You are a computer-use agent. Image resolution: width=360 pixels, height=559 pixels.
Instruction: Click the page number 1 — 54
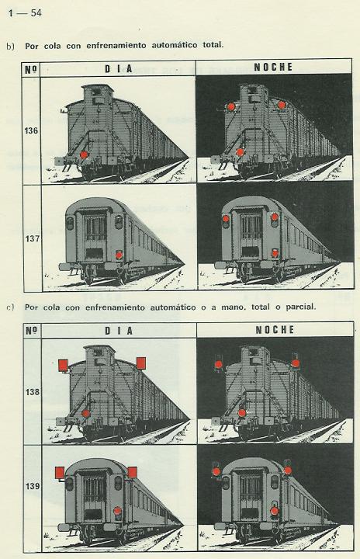[25, 13]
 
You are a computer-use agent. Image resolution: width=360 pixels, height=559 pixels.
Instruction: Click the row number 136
[31, 131]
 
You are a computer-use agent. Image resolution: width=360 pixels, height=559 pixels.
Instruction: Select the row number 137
[32, 238]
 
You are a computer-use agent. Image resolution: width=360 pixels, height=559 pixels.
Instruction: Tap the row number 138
[32, 392]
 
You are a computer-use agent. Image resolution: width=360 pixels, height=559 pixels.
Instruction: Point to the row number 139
[33, 486]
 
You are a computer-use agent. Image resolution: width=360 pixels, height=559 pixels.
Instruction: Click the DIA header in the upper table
[119, 69]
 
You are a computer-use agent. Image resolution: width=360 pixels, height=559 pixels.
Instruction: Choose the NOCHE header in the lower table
[275, 330]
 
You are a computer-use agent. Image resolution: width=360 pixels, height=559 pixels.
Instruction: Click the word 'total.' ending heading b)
[213, 45]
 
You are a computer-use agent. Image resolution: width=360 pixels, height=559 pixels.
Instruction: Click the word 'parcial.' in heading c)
[301, 307]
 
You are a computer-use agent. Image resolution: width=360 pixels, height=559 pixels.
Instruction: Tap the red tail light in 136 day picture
[84, 155]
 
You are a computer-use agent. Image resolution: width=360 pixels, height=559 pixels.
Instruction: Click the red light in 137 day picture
[119, 255]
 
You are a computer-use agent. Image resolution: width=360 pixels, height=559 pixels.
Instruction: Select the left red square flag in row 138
[63, 366]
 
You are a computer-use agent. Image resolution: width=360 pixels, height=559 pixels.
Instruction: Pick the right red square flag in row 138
[141, 363]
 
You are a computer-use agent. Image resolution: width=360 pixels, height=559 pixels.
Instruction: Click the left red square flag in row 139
[60, 473]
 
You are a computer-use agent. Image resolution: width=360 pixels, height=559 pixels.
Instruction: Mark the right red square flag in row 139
[132, 472]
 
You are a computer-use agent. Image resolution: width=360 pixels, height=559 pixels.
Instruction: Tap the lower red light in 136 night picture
[241, 153]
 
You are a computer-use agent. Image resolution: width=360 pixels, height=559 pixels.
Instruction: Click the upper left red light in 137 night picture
[226, 218]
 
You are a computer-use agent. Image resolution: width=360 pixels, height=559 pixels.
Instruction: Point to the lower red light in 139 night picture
[275, 511]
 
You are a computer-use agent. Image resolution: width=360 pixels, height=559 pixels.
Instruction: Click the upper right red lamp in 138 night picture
[296, 363]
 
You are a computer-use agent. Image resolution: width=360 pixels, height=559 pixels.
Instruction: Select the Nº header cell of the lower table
[32, 331]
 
